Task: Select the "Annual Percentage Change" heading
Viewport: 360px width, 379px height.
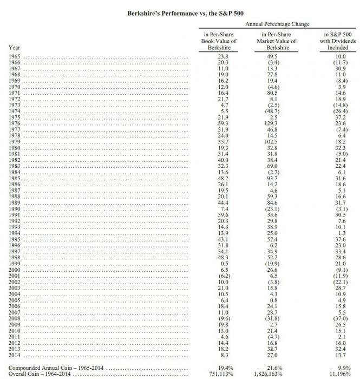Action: click(277, 24)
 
